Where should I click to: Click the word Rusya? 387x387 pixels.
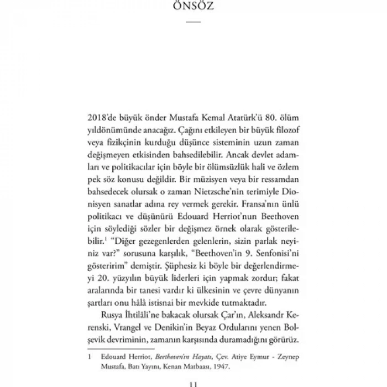pos(109,315)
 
